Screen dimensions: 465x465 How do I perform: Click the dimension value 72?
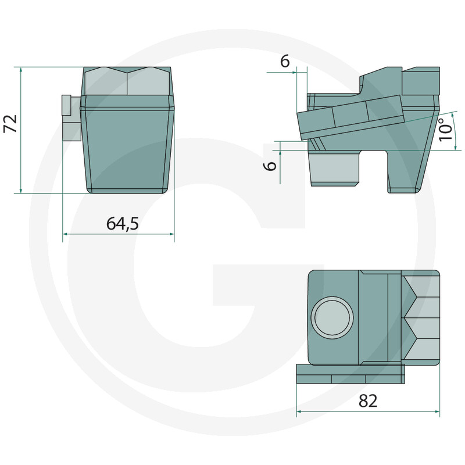(10, 123)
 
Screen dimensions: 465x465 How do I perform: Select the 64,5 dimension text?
(123, 223)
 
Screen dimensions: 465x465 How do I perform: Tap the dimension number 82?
(368, 400)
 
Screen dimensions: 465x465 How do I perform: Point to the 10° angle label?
(446, 129)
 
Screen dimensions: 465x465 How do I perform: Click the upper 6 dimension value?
(285, 62)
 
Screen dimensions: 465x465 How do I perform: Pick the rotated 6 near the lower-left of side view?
(270, 166)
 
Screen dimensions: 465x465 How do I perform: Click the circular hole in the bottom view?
(332, 317)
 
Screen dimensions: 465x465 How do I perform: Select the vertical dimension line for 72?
(21, 130)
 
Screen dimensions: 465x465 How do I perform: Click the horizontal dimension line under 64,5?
(119, 234)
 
